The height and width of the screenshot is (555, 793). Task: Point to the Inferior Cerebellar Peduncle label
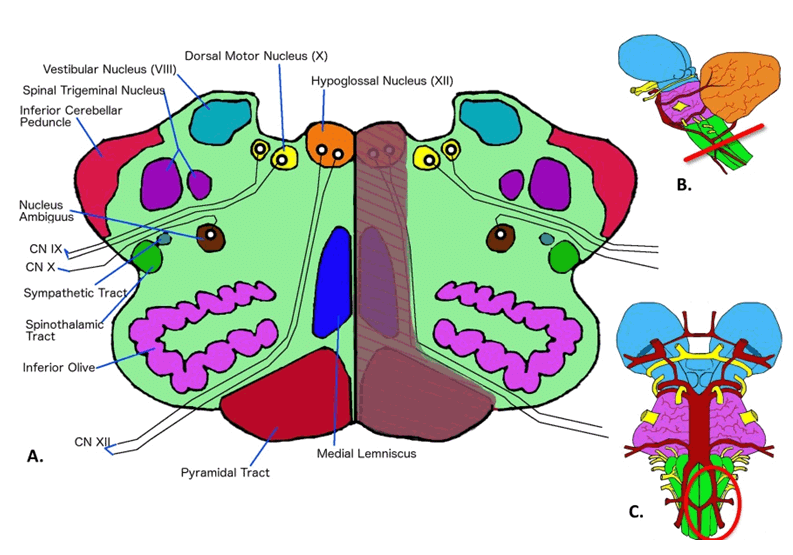click(71, 116)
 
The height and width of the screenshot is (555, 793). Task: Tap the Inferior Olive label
click(59, 367)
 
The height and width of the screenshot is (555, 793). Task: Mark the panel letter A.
click(35, 457)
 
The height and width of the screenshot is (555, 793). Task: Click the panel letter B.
click(684, 185)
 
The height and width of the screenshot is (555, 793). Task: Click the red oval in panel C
click(711, 500)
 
